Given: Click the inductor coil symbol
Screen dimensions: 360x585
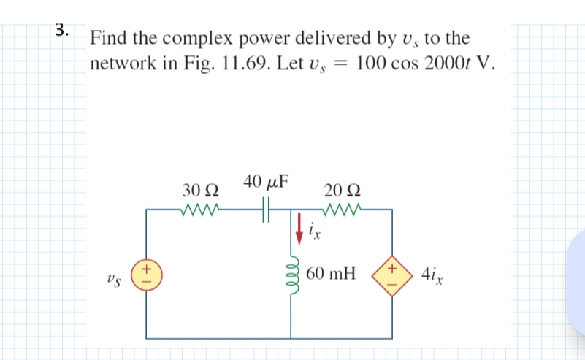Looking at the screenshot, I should (x=291, y=277).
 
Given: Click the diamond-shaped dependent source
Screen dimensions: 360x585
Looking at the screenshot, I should (x=391, y=276).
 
